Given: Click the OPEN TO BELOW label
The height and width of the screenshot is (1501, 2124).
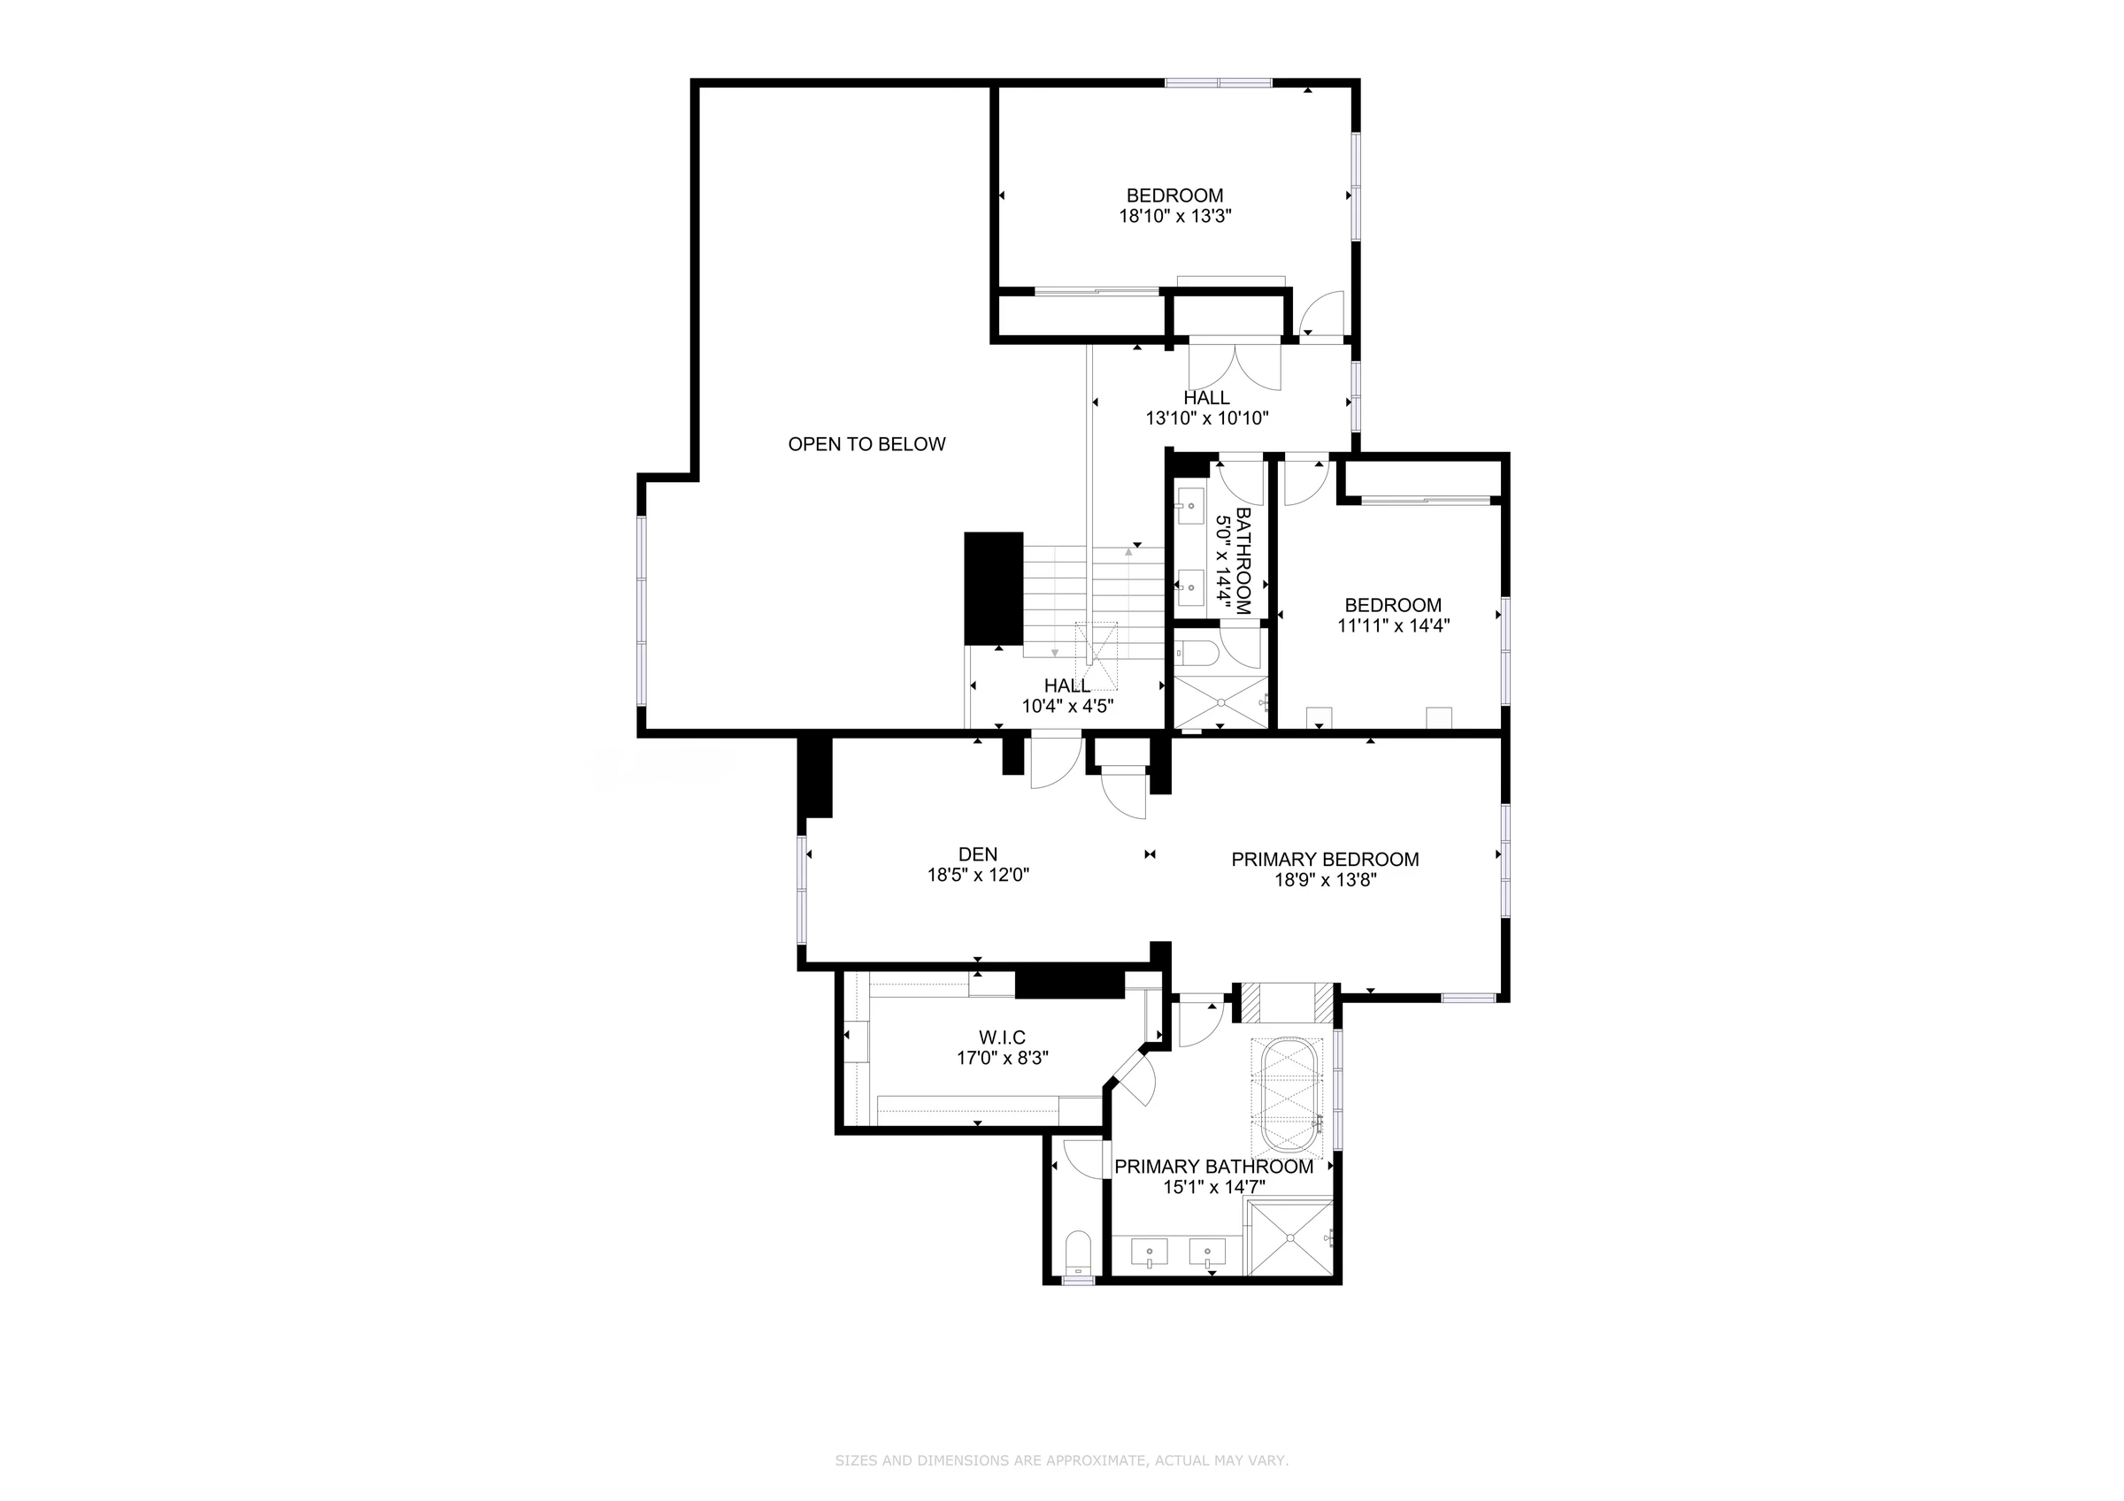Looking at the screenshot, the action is coord(866,445).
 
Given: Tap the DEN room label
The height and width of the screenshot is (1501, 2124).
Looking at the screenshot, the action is coord(978,854).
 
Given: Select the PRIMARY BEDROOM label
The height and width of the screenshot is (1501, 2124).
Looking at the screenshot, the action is coord(1325,860).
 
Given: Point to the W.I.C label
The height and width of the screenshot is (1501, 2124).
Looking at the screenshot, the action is coord(1002,1038).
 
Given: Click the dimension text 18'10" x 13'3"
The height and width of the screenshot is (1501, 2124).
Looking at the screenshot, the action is coord(1175,217).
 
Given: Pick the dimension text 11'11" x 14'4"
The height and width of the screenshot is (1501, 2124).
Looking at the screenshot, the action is coord(1393,625).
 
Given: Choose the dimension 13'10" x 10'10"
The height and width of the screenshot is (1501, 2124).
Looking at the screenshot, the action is coord(1206,418).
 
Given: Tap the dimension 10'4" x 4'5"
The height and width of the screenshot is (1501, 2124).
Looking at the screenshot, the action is coord(1067,707).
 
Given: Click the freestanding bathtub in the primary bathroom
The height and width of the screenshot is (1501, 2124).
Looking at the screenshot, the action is coord(1288,1095).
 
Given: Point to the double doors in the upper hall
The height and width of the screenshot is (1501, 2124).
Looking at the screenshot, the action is coord(1234,365).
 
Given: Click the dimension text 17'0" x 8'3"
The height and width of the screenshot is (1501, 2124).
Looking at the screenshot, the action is coord(1002,1058).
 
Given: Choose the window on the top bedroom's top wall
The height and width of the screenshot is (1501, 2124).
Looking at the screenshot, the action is coord(1219,82).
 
